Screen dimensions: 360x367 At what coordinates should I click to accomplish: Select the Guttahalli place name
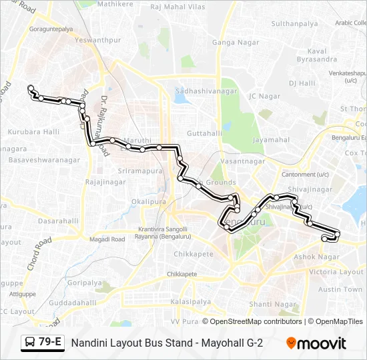coord(204,133)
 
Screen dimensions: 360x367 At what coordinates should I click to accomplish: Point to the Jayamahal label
coord(271,140)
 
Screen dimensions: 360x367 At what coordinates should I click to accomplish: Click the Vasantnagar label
coord(242,161)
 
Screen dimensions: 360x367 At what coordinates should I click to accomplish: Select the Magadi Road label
coord(107,239)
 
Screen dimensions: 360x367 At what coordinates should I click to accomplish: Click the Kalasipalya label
coord(190,302)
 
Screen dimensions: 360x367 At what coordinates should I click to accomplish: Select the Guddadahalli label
coord(73,302)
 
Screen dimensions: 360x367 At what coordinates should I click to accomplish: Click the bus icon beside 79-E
coord(30,343)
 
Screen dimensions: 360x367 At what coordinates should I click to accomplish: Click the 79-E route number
coord(50,343)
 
